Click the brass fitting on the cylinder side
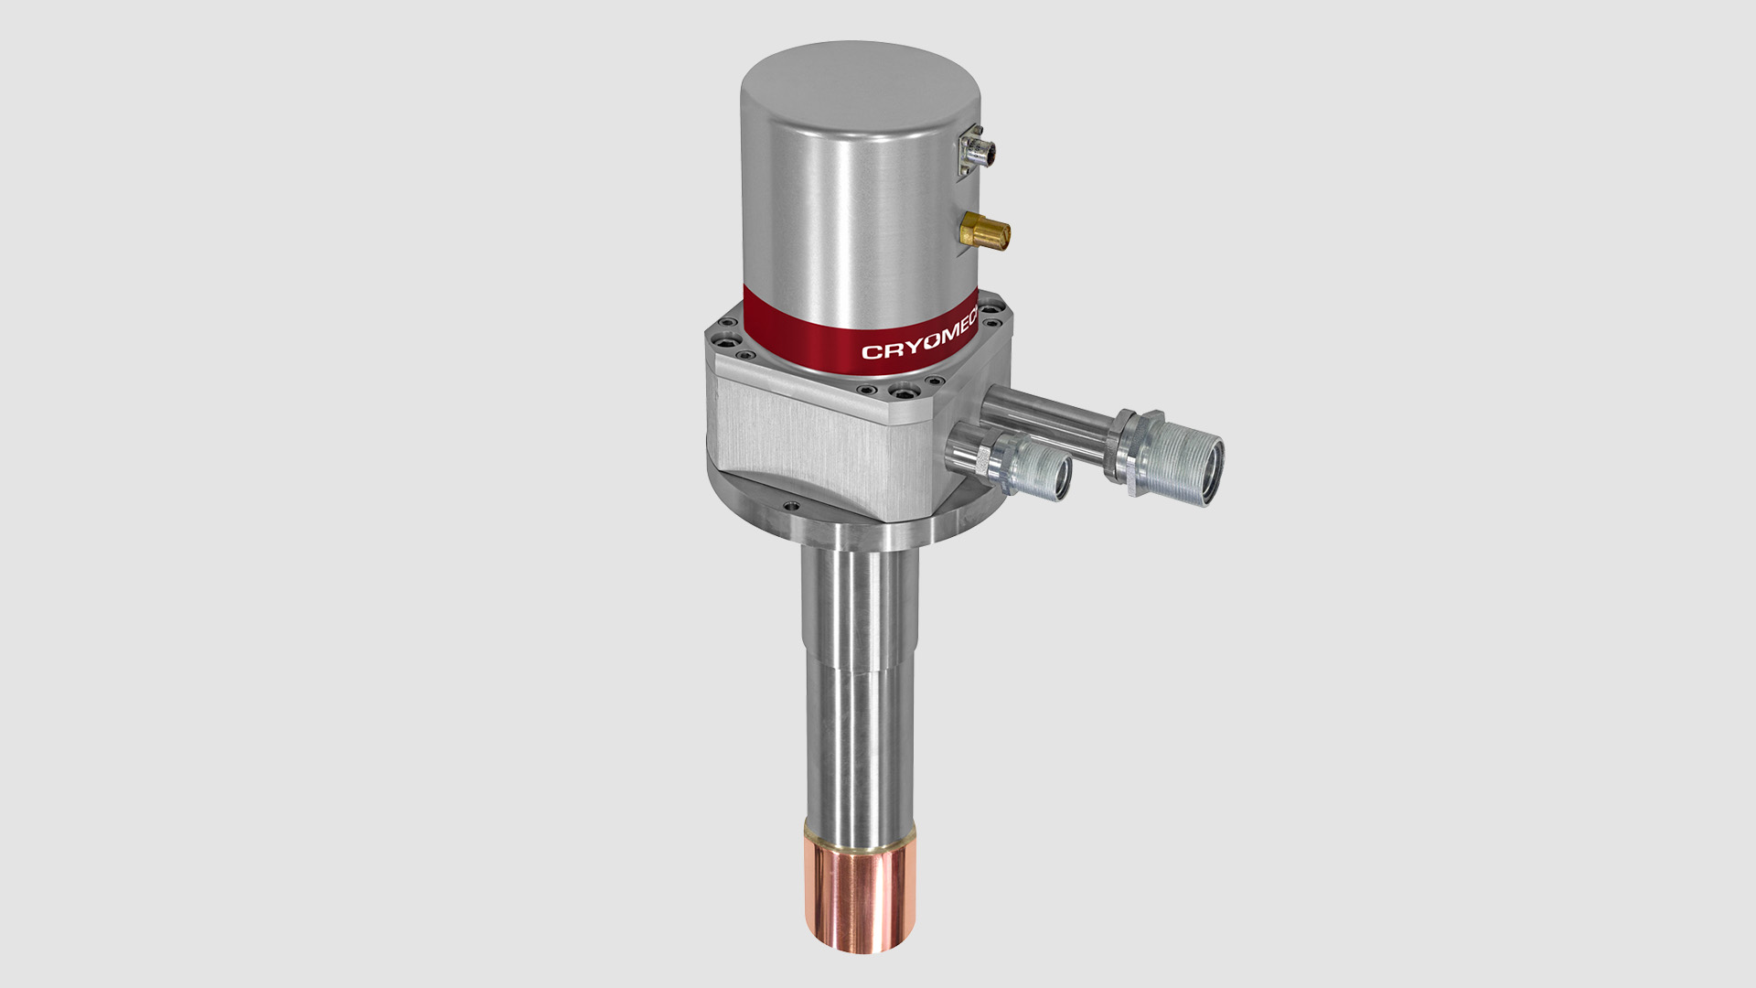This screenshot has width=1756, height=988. pos(985,231)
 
